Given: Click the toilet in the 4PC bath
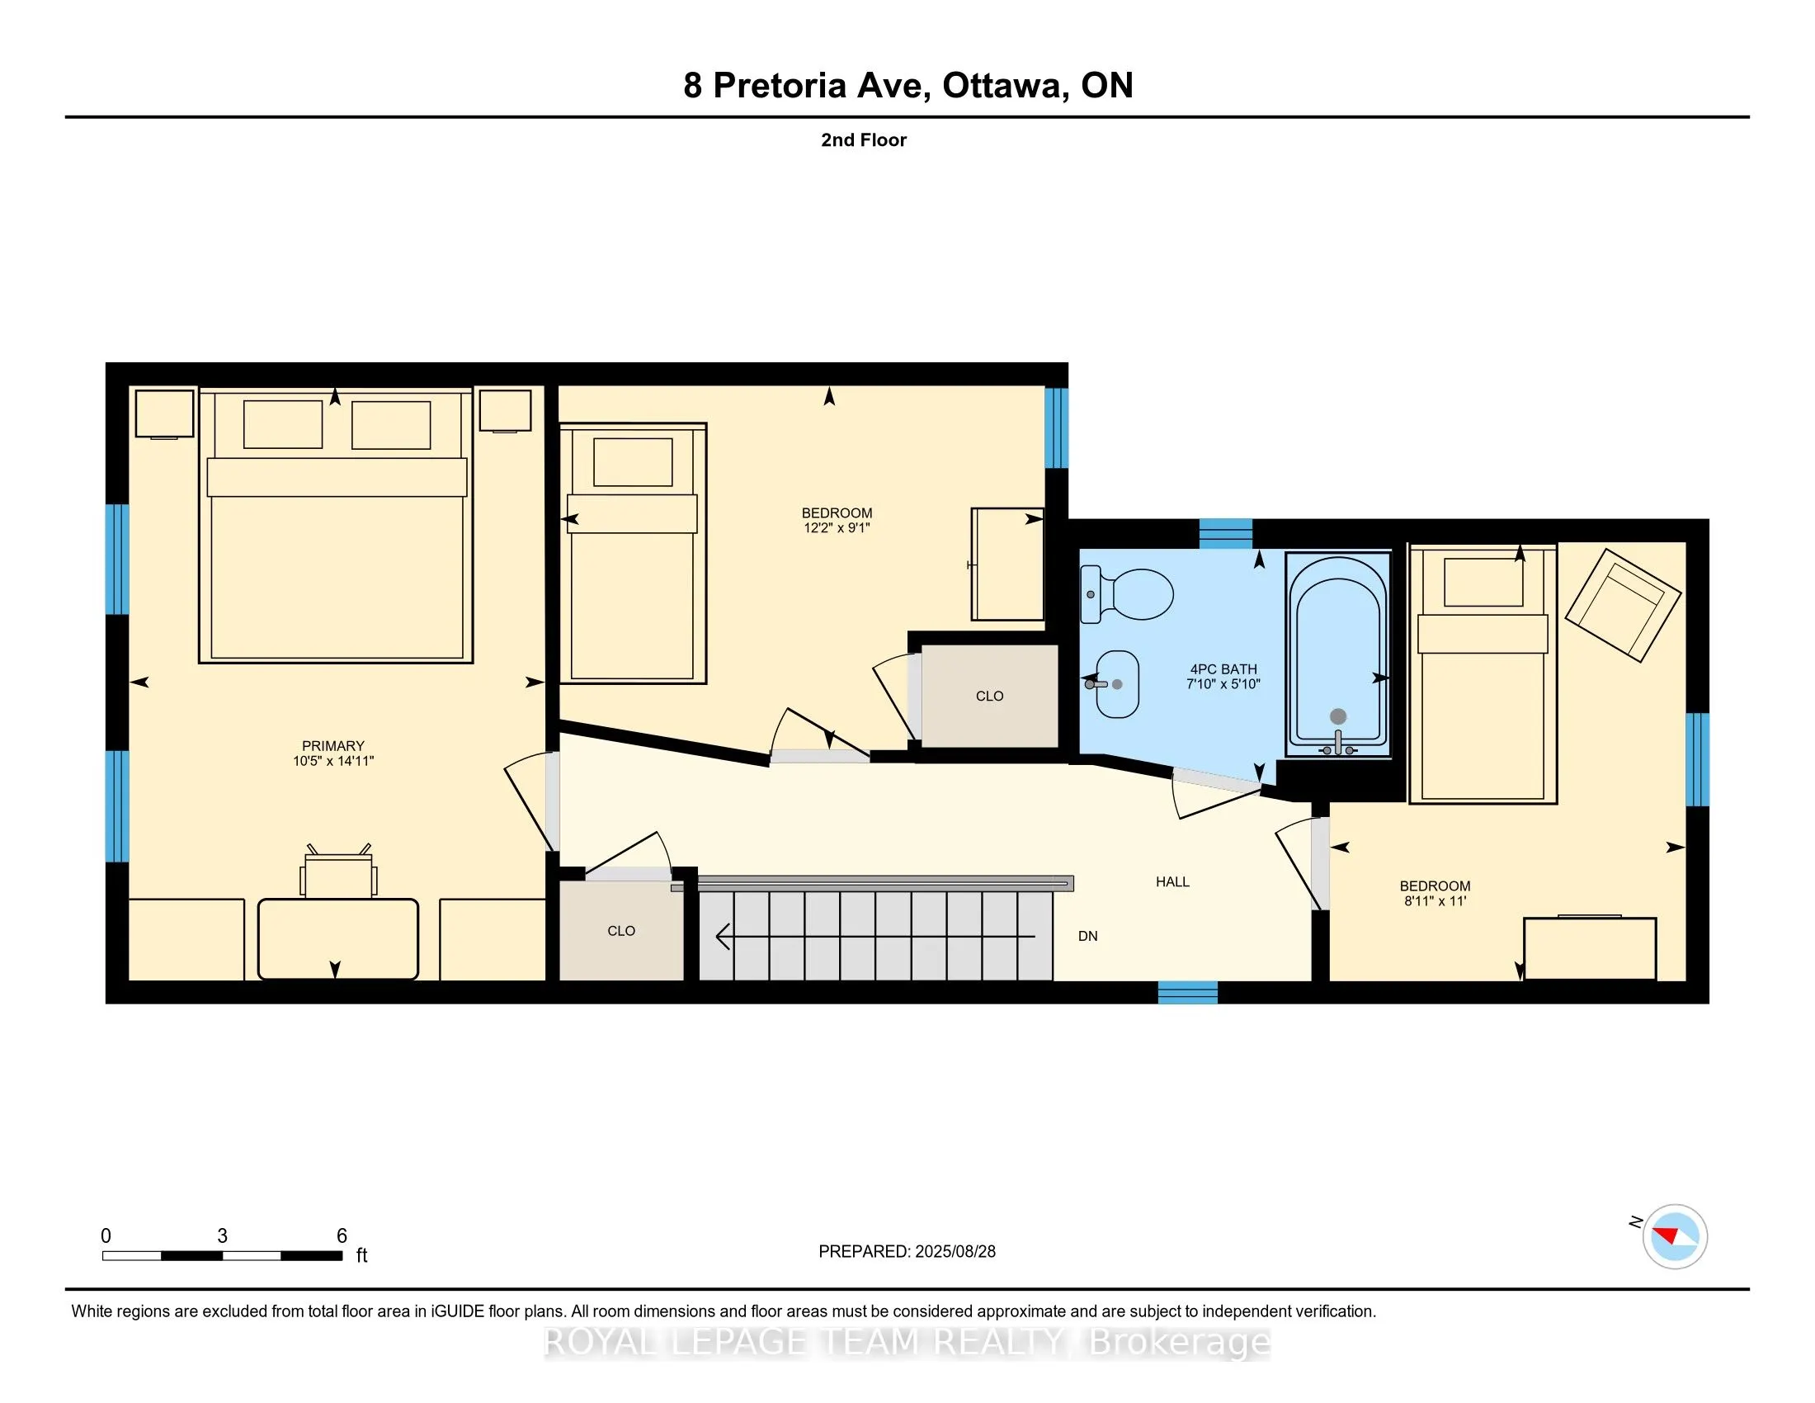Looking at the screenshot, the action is [1126, 594].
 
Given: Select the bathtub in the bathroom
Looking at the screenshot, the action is [1338, 655].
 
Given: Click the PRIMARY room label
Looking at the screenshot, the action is [333, 745].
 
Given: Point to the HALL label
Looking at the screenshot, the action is [1172, 882].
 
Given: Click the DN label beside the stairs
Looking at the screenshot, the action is [1088, 936].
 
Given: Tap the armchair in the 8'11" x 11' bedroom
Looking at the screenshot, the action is [1622, 605].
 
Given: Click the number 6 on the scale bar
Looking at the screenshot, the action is [342, 1236].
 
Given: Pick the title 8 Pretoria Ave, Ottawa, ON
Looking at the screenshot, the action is [907, 86].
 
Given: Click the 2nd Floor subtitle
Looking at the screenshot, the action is [864, 139].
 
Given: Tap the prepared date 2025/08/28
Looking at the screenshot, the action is [955, 1252].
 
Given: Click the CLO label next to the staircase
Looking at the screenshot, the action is [620, 931].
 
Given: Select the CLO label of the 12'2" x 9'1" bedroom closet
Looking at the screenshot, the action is [989, 696].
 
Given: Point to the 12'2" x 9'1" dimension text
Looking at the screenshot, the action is [837, 528].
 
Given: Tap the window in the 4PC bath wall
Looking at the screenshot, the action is [1225, 534].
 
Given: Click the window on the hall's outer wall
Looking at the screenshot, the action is [1187, 992].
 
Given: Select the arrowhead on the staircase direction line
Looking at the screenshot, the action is [723, 937].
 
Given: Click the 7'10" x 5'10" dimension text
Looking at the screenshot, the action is [1223, 684].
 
